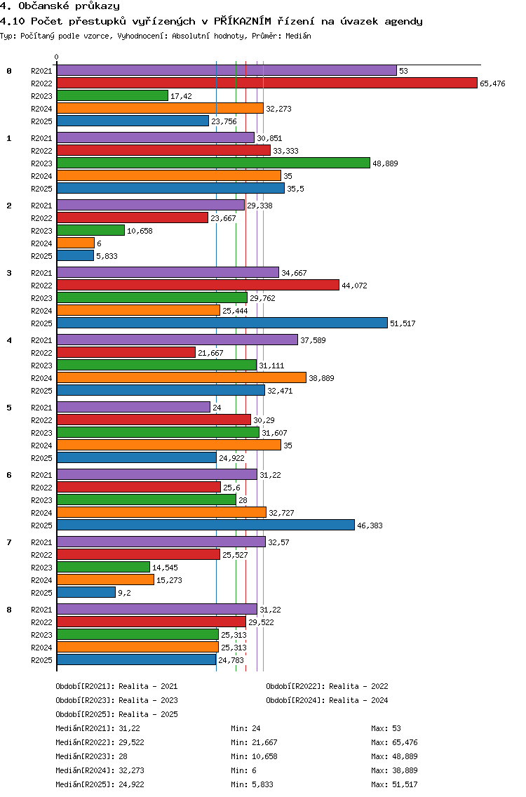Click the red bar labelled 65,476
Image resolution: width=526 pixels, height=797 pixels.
pos(267,83)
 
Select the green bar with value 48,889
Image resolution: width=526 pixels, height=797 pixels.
pos(213,163)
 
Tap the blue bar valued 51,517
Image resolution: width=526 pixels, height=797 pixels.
pos(222,323)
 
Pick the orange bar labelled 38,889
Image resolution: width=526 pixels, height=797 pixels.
pos(182,378)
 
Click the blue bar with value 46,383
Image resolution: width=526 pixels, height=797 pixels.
pos(205,525)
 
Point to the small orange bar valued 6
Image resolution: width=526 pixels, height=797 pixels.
pos(76,243)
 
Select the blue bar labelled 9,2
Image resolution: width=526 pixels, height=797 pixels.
pos(86,593)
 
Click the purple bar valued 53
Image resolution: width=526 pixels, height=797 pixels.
pos(227,71)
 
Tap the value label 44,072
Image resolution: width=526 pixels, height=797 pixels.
pos(354,286)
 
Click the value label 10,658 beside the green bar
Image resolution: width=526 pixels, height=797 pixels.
pos(140,231)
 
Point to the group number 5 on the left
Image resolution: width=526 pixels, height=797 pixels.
pos(9,408)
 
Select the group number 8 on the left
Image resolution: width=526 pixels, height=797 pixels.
pos(9,610)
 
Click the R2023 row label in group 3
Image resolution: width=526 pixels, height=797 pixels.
pos(41,298)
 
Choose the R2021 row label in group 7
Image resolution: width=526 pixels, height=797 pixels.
pos(41,542)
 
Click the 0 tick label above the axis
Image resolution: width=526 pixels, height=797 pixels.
pos(56,57)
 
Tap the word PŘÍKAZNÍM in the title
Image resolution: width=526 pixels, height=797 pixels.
pos(243,21)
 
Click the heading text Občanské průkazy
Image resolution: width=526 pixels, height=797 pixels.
pos(69,6)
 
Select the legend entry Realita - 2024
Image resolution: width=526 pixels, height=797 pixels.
pos(358,700)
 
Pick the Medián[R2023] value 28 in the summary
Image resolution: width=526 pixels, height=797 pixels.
pos(123,756)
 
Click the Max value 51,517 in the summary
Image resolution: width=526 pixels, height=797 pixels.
pos(405,784)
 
